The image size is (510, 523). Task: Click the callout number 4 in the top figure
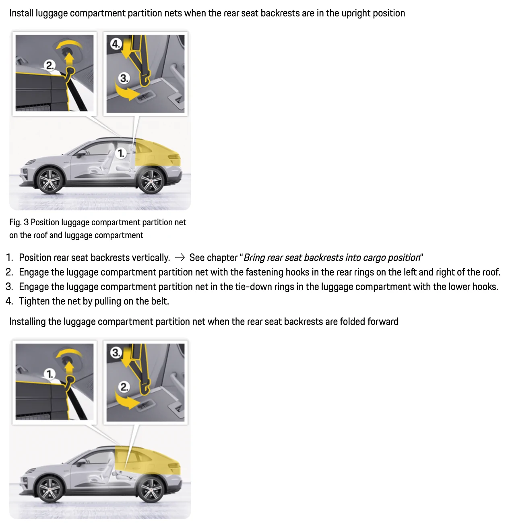click(116, 44)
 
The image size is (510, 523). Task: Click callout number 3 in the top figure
click(124, 78)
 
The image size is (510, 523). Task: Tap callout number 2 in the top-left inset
click(50, 65)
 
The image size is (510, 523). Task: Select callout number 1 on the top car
click(121, 153)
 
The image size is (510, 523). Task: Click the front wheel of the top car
click(50, 181)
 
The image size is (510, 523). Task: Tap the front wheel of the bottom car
click(50, 489)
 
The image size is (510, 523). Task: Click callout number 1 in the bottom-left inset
click(50, 374)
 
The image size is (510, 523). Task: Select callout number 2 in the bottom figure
click(124, 387)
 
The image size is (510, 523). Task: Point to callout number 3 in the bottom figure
click(116, 353)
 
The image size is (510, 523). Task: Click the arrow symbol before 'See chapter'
click(180, 257)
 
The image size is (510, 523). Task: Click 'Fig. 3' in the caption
click(19, 222)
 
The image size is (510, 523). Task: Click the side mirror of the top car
click(82, 153)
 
